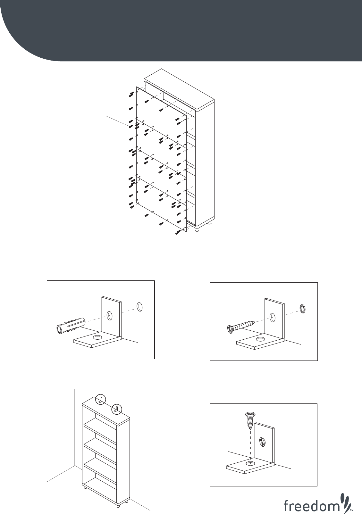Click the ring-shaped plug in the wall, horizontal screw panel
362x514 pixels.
pos(303,309)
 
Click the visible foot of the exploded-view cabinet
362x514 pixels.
pos(197,229)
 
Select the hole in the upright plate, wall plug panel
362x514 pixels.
pos(110,316)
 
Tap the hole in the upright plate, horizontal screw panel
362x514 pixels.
pos(273,317)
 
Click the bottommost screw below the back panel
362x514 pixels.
pos(178,233)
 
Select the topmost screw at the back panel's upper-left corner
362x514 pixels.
pos(131,93)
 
